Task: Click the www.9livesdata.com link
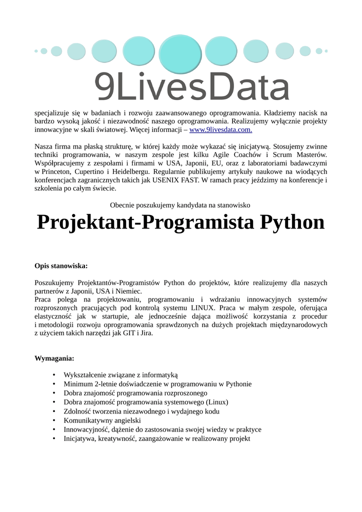click(x=220, y=130)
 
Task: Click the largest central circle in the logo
click(x=180, y=51)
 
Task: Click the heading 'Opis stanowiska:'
click(x=61, y=266)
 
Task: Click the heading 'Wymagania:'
click(x=54, y=358)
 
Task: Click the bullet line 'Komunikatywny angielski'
click(x=102, y=420)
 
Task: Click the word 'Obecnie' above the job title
click(x=122, y=205)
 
